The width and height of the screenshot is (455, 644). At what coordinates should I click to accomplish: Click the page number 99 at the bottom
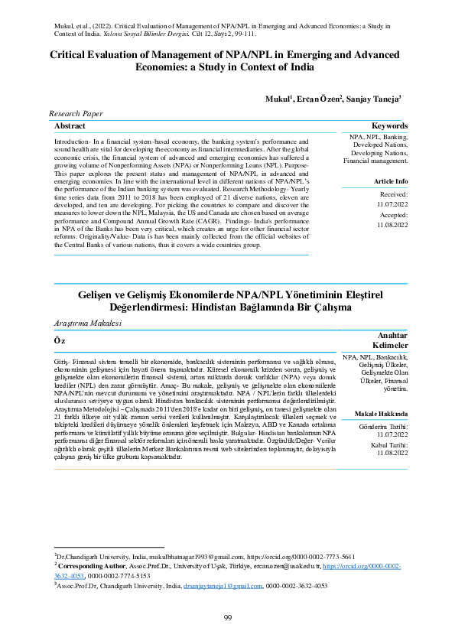pos(227,618)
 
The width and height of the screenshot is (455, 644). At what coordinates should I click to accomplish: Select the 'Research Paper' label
pos(76,113)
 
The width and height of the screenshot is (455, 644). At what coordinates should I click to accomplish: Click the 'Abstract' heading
pos(70,125)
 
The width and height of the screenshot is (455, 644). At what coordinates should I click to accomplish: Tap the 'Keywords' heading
pos(389,125)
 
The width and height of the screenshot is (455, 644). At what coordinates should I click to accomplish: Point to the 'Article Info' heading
pos(390,181)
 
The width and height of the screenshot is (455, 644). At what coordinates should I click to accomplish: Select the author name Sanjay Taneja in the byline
pos(372,99)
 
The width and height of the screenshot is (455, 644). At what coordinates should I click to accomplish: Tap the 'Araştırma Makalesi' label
pos(87,324)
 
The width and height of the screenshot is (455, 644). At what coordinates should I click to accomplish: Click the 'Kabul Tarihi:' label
pos(390,444)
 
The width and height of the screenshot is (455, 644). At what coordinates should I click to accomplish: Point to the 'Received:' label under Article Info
pos(393,195)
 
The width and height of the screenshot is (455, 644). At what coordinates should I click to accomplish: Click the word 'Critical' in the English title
pos(71,54)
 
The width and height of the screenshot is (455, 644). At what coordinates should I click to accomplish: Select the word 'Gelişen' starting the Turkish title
pos(96,294)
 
